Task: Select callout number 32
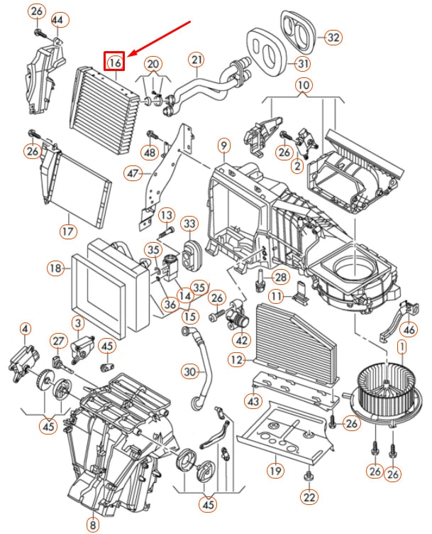click(333, 37)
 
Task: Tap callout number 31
click(303, 65)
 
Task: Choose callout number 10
click(304, 87)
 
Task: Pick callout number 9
click(223, 147)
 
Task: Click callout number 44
click(57, 21)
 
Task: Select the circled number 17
click(67, 231)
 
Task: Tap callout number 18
click(57, 268)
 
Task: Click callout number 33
click(189, 226)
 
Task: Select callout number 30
click(189, 371)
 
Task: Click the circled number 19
click(274, 470)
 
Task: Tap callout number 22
click(308, 498)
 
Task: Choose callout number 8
click(92, 525)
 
